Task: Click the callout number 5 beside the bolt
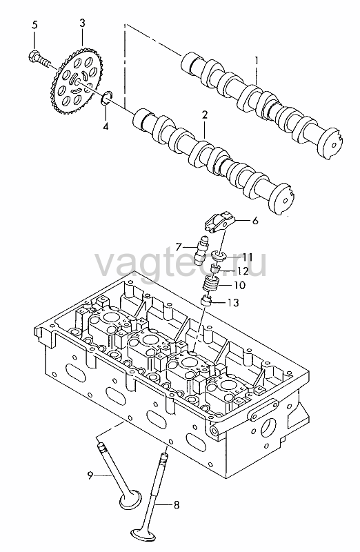[x=34, y=25]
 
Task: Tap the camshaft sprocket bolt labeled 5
[x=39, y=60]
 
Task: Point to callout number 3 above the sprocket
[x=82, y=24]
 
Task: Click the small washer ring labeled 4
[x=107, y=97]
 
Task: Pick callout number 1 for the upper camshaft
[x=257, y=61]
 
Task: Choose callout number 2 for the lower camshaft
[x=204, y=115]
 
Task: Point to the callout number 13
[x=232, y=302]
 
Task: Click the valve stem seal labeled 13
[x=206, y=302]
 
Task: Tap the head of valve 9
[x=130, y=500]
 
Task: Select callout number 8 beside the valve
[x=177, y=505]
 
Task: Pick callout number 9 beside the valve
[x=90, y=475]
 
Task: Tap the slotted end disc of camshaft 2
[x=283, y=199]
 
